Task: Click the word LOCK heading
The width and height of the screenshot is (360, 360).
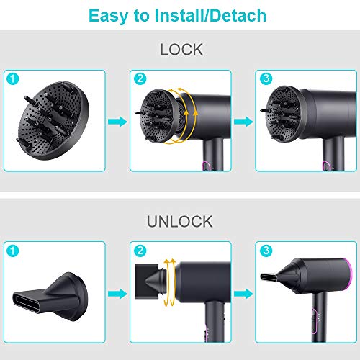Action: tap(181, 50)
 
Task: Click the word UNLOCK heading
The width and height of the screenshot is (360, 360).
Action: tap(180, 222)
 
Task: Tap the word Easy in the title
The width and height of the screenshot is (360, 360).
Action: tap(108, 16)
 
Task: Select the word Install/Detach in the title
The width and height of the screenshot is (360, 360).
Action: tap(210, 16)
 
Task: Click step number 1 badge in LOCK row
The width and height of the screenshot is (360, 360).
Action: tap(13, 78)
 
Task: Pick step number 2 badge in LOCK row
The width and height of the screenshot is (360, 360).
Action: tap(140, 78)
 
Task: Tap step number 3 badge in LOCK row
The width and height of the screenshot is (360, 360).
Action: tap(266, 78)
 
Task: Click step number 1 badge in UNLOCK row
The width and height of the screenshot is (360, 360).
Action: tap(13, 251)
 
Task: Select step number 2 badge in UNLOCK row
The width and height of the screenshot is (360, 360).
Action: tap(140, 251)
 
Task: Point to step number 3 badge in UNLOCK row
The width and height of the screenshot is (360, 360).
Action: tap(266, 251)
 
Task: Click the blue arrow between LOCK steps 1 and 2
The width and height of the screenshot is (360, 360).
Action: tap(117, 122)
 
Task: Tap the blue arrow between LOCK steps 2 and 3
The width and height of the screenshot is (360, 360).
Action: tap(243, 122)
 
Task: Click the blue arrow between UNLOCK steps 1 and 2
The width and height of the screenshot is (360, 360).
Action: tap(117, 294)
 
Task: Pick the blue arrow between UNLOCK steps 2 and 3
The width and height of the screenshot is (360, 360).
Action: tap(243, 294)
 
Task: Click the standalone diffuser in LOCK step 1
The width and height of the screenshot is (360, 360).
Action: tap(53, 120)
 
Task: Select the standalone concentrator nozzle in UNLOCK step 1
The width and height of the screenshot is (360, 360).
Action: tap(50, 297)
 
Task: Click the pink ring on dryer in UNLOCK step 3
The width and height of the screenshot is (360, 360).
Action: tap(351, 276)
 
